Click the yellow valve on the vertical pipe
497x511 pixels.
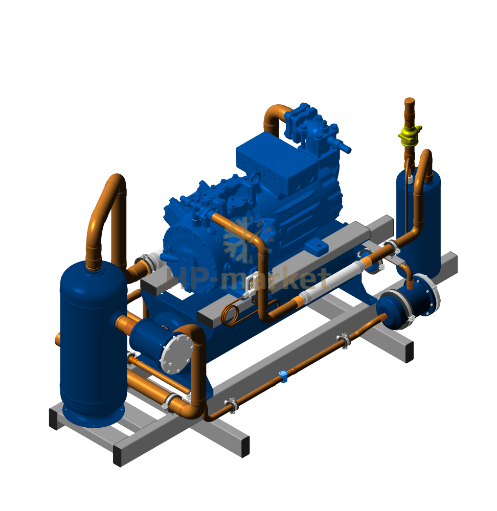pos(410,136)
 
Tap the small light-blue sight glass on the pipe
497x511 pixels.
pos(283,376)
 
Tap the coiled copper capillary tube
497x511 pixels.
pos(232,313)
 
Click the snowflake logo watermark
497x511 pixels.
pos(248,240)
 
